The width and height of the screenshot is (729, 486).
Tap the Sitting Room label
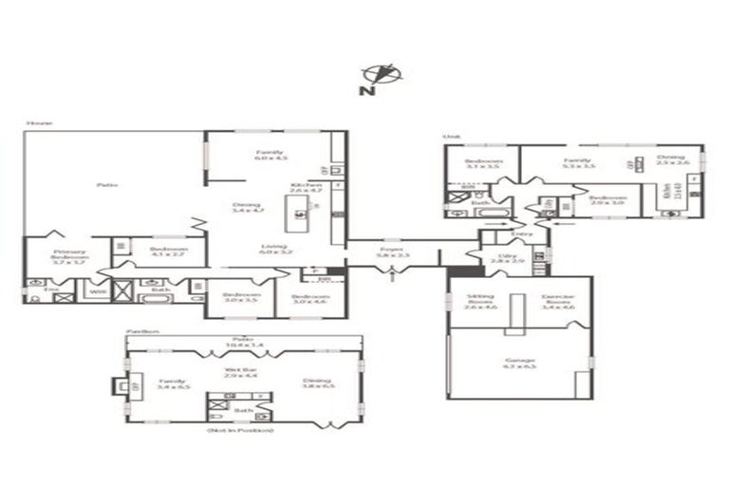tap(466, 303)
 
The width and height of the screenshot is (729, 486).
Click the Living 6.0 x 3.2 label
tap(274, 249)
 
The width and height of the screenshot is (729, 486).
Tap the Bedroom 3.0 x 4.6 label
tap(308, 299)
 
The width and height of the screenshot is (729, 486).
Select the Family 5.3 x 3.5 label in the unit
tap(578, 163)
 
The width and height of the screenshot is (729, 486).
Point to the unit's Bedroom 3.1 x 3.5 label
tap(481, 163)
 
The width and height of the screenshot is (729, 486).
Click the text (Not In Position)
tap(241, 431)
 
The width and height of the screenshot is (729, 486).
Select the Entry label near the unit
tap(521, 234)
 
